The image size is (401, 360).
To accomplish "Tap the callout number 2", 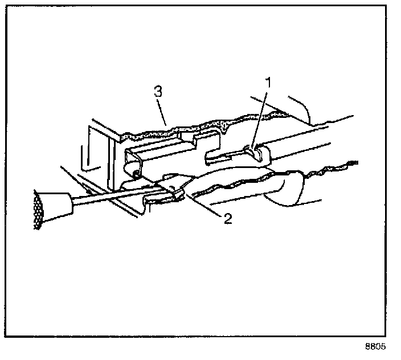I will [x=227, y=219].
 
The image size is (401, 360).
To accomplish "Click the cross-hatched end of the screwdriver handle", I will [x=39, y=210].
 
